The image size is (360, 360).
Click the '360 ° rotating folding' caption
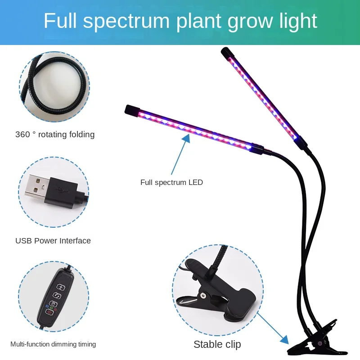tap(55, 135)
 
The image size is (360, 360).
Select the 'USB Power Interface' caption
tap(53, 241)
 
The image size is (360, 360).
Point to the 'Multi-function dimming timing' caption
tap(53, 344)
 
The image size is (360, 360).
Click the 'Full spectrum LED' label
tap(171, 182)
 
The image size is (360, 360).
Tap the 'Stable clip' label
tap(217, 344)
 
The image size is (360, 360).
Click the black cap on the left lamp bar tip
tap(130, 110)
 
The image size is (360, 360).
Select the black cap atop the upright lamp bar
tap(225, 53)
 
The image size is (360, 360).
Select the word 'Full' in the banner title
tap(58, 22)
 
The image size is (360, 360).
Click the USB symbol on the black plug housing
tap(62, 188)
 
